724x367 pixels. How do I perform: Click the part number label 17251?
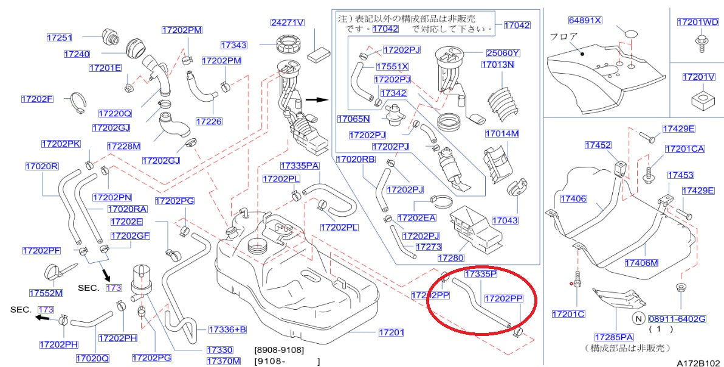coord(59,38)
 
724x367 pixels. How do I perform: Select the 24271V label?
coord(287,23)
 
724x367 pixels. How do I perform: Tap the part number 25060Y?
coord(502,54)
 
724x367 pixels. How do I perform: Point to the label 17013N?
coord(498,64)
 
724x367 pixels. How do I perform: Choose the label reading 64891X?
coord(585,20)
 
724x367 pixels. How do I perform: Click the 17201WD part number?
coord(697,23)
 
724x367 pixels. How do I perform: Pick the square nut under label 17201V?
coord(698,99)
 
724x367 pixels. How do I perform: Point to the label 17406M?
coord(641,263)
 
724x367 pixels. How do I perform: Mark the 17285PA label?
coord(614,337)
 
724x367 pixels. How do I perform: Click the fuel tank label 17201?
coord(391,332)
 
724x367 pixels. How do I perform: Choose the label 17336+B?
coord(227,329)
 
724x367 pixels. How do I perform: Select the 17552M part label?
coord(46,293)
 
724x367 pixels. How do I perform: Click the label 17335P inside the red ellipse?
coord(480,274)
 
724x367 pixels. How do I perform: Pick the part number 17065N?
coord(354,119)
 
